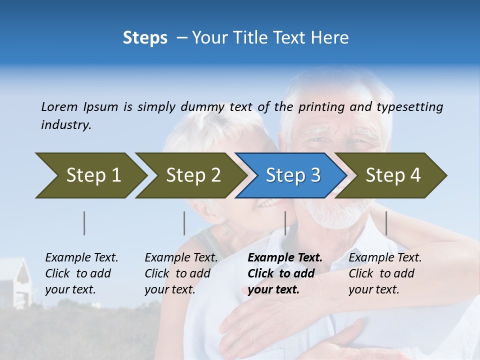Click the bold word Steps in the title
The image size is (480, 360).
pos(145,38)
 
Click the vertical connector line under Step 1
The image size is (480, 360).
pos(84,223)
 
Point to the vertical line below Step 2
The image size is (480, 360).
pos(184,223)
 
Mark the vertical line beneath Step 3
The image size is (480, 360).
pos(285,223)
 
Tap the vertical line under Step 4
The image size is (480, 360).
pos(386,223)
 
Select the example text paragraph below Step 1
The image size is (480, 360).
pos(81,273)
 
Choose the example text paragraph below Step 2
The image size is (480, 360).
pos(181,273)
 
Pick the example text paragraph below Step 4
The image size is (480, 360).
pos(385,273)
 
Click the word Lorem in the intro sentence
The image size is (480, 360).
pos(59,107)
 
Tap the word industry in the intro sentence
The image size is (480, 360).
pos(65,125)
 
